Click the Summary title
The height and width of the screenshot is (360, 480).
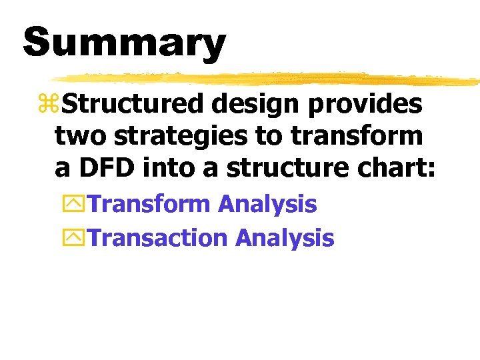[x=125, y=43]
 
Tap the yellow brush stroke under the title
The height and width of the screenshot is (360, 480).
[x=267, y=79]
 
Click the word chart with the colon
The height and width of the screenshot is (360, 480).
[x=399, y=168]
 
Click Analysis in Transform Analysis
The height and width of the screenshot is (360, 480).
[x=268, y=204]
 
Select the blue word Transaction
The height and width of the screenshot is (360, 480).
[x=159, y=237]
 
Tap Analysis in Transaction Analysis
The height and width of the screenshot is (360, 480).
[x=285, y=237]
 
